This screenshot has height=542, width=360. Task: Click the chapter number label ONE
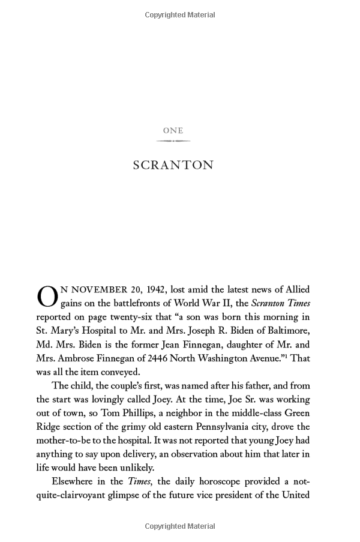pos(173,130)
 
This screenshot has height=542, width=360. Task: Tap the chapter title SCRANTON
pos(173,165)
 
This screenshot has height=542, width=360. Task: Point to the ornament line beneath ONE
pos(173,141)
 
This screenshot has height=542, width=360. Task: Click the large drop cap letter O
pos(47,297)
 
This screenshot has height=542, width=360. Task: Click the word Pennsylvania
pos(209,427)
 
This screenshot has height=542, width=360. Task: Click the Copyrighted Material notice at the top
pos(180,15)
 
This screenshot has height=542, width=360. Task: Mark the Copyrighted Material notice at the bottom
pos(180,526)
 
